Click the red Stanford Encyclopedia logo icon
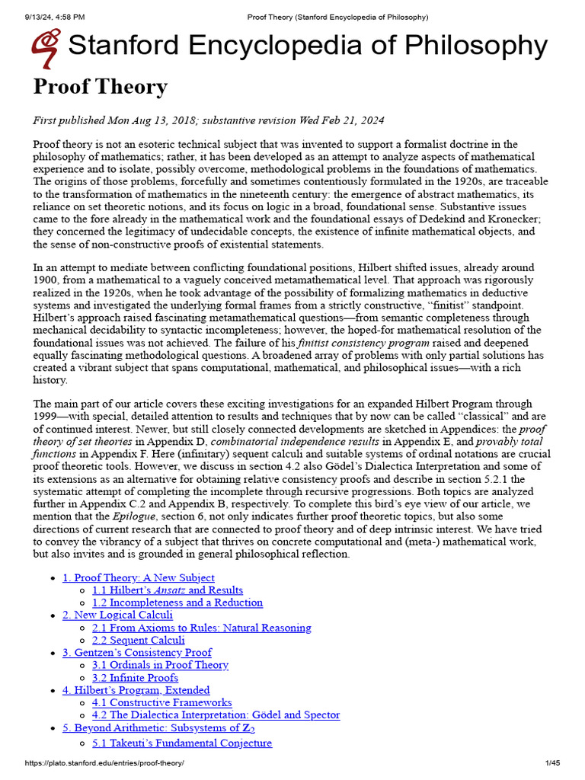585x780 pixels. coord(46,47)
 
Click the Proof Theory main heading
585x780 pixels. coord(100,87)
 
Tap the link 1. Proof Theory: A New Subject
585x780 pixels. coord(138,577)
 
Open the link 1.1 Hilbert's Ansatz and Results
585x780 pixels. coord(168,590)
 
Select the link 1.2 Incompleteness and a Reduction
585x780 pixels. coord(177,603)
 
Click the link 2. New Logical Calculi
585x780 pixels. coord(117,615)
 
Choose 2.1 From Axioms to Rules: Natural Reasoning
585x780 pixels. coord(201,628)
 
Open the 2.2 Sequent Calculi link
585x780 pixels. coord(138,641)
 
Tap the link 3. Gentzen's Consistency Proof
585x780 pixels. coord(136,652)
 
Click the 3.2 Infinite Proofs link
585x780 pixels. coord(135,678)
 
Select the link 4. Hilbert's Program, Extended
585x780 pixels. coord(136,690)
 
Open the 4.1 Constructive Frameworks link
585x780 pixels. coord(161,702)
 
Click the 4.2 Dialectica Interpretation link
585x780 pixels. coord(216,715)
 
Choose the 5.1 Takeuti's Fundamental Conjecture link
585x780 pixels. coord(181,743)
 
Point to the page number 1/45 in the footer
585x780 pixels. coord(552,763)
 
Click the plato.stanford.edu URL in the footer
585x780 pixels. coord(104,763)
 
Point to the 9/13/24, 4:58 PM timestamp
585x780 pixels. coord(46,17)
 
